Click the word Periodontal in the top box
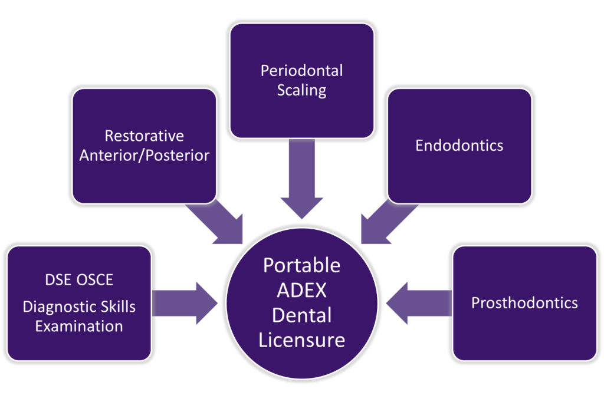[301, 71]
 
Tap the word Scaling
[301, 90]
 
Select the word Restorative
[145, 136]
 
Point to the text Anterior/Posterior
[145, 156]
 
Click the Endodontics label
[459, 146]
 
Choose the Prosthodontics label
[524, 303]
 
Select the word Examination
[79, 326]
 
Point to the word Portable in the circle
[301, 265]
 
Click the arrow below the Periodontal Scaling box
[301, 180]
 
